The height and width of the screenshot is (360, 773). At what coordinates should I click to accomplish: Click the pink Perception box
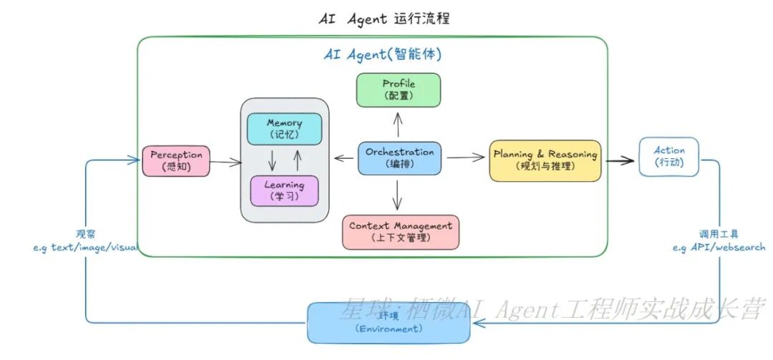click(x=176, y=160)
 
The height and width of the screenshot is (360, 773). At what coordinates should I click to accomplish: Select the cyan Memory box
click(x=284, y=129)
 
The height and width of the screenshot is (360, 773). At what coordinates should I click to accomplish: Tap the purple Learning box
click(x=284, y=190)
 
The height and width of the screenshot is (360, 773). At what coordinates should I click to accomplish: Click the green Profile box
click(x=399, y=89)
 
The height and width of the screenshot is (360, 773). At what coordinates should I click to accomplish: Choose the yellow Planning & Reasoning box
click(x=545, y=160)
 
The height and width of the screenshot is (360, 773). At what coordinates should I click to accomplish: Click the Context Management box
click(x=400, y=232)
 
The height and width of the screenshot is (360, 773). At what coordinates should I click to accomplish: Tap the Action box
click(x=669, y=156)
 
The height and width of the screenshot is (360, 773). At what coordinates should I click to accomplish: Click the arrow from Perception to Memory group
click(x=225, y=162)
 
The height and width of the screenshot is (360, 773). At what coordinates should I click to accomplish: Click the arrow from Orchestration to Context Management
click(x=398, y=195)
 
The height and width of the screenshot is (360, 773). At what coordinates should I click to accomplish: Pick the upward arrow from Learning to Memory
click(x=297, y=160)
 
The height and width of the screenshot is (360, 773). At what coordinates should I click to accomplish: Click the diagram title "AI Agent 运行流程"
click(x=384, y=19)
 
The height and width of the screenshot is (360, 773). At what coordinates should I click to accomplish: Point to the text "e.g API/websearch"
click(x=719, y=247)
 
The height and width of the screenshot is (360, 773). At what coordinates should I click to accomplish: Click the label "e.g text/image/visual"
click(x=84, y=247)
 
